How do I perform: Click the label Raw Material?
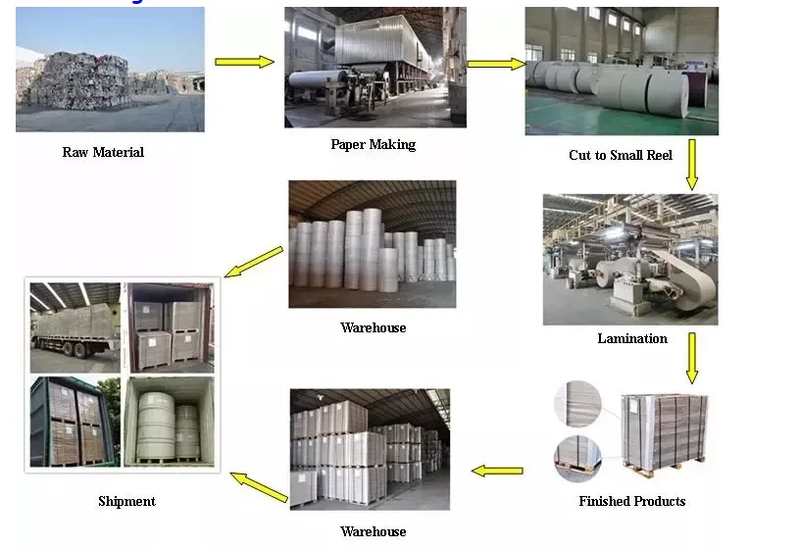103,152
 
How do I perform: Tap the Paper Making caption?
373,144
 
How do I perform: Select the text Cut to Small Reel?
621,155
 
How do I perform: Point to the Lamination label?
632,338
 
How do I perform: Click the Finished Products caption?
632,501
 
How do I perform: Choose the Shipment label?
126,501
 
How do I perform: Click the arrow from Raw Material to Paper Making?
244,62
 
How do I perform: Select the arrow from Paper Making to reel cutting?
496,65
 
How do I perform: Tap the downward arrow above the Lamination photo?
692,164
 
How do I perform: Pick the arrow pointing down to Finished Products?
692,358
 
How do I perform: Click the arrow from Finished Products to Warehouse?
497,471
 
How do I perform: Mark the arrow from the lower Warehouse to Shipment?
259,485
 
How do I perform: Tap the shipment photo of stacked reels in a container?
170,421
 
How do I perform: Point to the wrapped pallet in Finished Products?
666,431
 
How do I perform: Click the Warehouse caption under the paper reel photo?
373,327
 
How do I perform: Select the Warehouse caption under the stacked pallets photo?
373,531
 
